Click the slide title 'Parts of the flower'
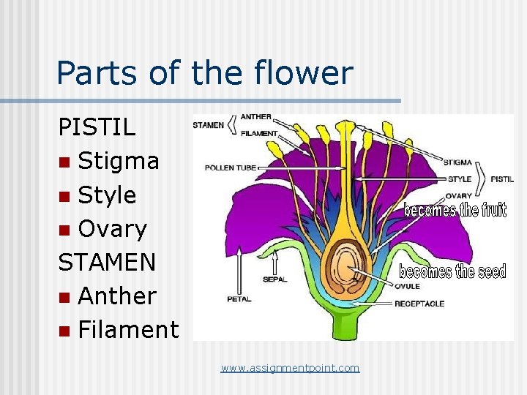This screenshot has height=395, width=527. click(204, 74)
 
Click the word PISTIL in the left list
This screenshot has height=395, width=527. click(97, 127)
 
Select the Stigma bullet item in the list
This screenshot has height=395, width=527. click(118, 161)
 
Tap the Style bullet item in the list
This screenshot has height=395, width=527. click(107, 195)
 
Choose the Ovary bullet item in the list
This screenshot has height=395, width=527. click(112, 229)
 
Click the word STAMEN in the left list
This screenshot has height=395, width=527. click(107, 262)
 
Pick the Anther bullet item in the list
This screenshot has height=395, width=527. click(117, 296)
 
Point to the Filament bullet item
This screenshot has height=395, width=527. click(128, 330)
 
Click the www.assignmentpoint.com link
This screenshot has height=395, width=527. click(291, 368)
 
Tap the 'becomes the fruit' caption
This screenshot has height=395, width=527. click(455, 211)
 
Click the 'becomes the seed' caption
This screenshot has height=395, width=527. click(452, 271)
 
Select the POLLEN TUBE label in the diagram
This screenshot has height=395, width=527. click(231, 168)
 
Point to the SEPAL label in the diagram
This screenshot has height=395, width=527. click(274, 279)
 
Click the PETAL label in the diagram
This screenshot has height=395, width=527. click(239, 299)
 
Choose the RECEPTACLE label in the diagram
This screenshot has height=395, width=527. click(419, 304)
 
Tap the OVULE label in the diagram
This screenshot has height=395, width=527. click(407, 287)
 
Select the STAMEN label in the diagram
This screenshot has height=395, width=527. click(209, 125)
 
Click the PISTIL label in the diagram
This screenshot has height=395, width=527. click(501, 178)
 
